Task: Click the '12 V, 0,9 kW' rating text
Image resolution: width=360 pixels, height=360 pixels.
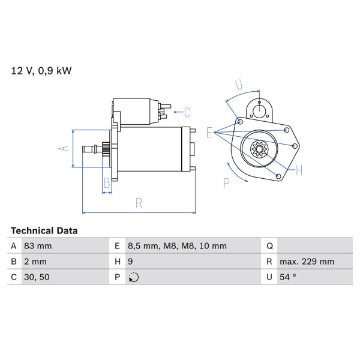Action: pos(41,71)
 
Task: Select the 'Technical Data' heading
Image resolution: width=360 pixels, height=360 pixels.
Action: pos(44,230)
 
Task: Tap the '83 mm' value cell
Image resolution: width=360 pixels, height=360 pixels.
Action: pos(38,246)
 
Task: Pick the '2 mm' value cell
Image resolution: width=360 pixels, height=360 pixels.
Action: pos(35,262)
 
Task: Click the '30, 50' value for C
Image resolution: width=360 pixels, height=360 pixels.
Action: pos(37,277)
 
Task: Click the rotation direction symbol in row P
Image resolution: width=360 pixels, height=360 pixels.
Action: pos(134,277)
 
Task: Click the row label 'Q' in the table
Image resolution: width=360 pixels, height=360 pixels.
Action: pos(269,246)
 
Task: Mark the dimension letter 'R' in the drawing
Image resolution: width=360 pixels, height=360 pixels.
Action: pos(139,203)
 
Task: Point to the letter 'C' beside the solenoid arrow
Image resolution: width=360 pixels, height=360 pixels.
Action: pos(187,112)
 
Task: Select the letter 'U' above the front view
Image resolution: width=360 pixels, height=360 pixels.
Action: pos(238,83)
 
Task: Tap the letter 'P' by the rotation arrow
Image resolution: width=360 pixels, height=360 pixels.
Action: pos(227,182)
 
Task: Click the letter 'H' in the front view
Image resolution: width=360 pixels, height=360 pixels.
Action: pos(298,170)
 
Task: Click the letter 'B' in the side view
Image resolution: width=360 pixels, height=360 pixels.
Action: pos(106,182)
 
